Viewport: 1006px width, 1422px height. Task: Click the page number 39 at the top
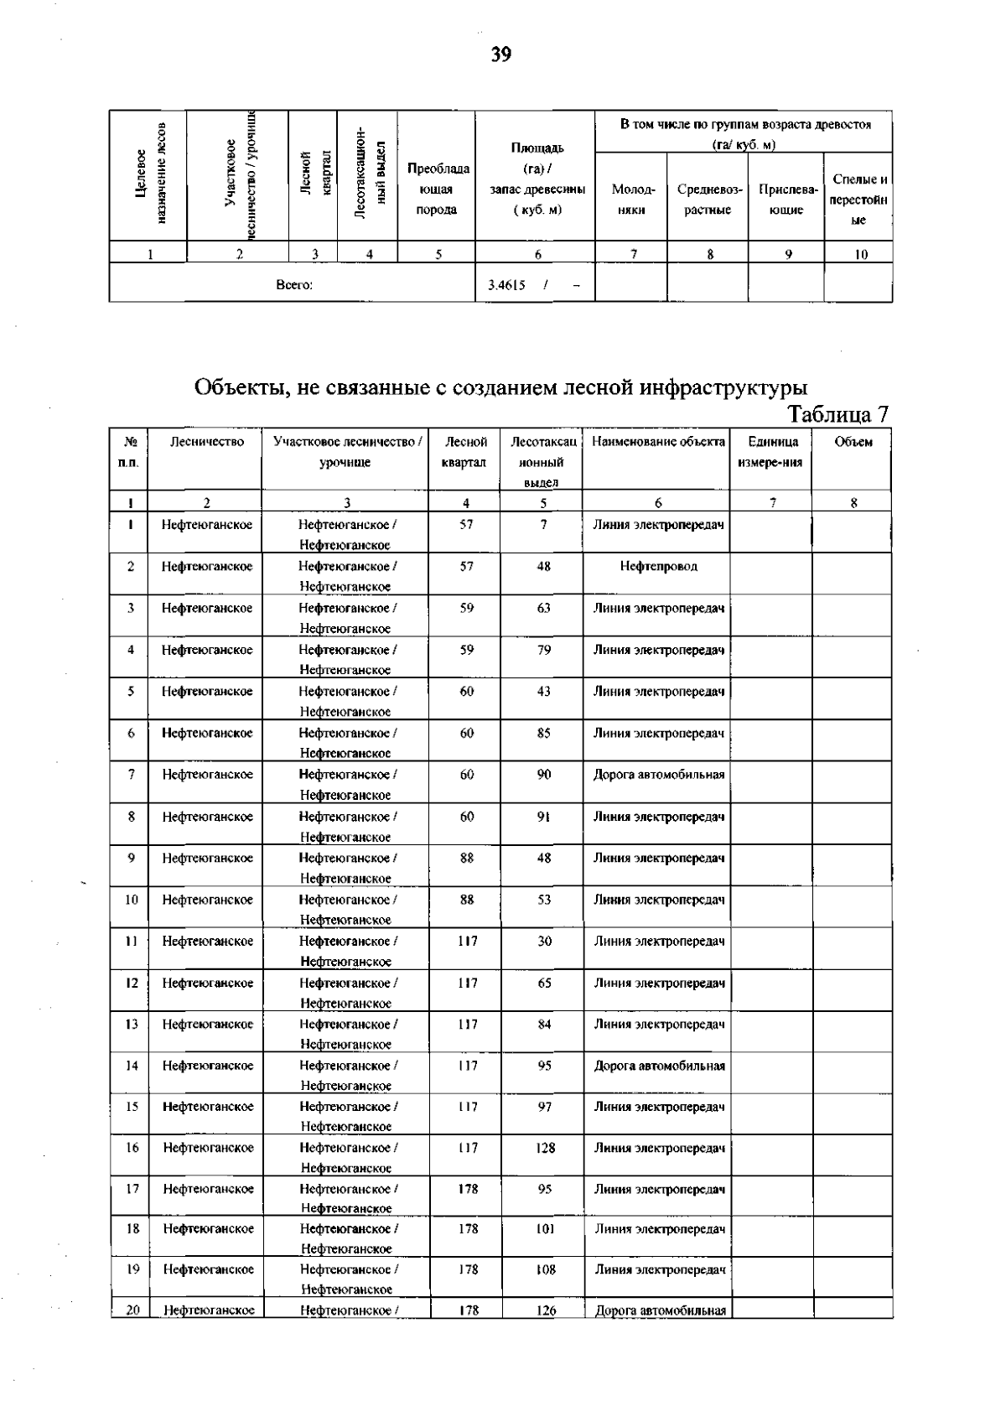(501, 55)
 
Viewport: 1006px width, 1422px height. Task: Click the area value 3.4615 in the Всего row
(506, 285)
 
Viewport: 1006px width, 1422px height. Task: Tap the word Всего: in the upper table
(294, 285)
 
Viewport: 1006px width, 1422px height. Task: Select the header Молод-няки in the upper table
(631, 200)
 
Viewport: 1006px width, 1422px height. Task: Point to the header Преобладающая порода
(437, 189)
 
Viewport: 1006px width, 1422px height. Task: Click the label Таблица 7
(837, 414)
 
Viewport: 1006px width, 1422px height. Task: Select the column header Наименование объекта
(658, 442)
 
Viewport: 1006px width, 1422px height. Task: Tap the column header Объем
(853, 442)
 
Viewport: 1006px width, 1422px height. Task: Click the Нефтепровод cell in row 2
(658, 567)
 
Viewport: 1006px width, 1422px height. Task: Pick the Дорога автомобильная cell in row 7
(658, 775)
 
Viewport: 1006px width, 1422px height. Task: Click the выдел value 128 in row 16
(545, 1148)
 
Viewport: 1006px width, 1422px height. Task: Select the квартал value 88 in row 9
(467, 858)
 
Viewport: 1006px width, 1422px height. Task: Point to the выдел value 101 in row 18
(545, 1229)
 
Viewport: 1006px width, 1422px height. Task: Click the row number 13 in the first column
(132, 1024)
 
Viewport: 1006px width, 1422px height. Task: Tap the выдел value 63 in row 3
(543, 608)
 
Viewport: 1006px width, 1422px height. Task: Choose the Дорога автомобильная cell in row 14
(659, 1066)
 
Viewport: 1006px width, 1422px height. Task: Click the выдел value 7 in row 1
(543, 525)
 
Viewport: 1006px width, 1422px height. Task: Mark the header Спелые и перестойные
(858, 200)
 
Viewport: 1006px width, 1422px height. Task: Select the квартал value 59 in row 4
(467, 650)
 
